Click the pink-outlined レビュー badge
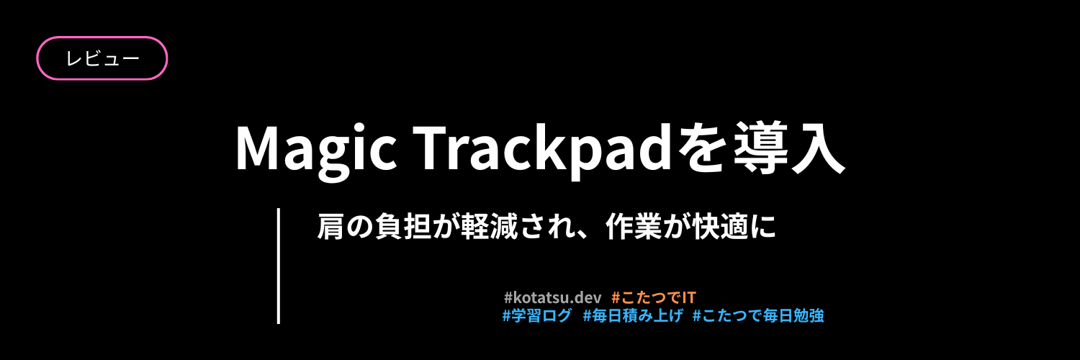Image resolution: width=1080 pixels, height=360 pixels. tap(102, 58)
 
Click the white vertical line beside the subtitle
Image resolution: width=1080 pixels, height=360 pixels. tap(278, 266)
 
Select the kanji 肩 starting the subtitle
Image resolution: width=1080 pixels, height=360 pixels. tap(330, 227)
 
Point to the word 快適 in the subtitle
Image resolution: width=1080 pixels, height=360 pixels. tap(726, 227)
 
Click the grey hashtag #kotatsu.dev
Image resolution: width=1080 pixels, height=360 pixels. tap(552, 297)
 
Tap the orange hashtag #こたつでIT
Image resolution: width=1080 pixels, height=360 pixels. tap(654, 297)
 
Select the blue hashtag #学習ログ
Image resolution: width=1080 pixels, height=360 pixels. tap(537, 315)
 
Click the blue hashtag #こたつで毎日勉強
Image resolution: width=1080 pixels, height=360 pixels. tap(757, 315)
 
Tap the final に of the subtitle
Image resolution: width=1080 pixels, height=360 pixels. tap(766, 227)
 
